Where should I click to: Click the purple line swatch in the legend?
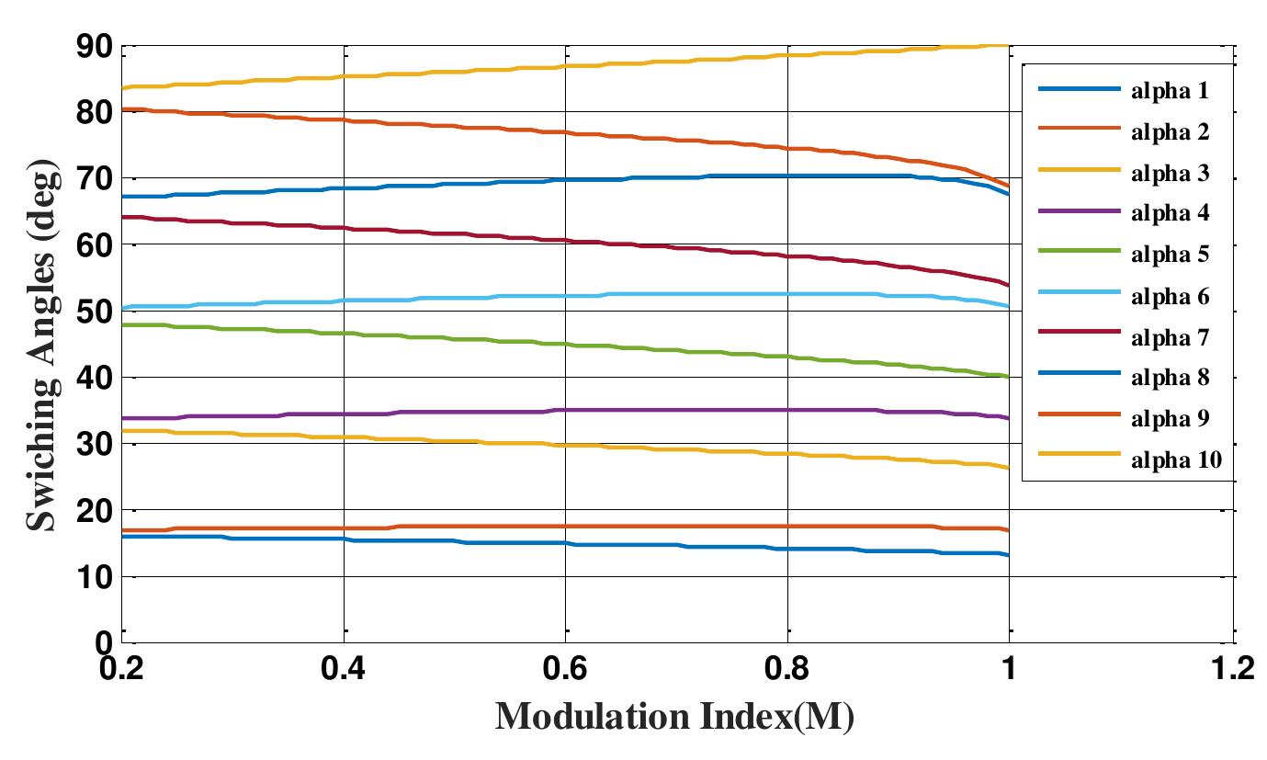click(1079, 212)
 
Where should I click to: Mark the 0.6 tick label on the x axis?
click(566, 669)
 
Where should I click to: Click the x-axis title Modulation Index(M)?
click(674, 717)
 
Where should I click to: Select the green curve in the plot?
click(459, 338)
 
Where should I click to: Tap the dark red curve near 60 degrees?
click(551, 240)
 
